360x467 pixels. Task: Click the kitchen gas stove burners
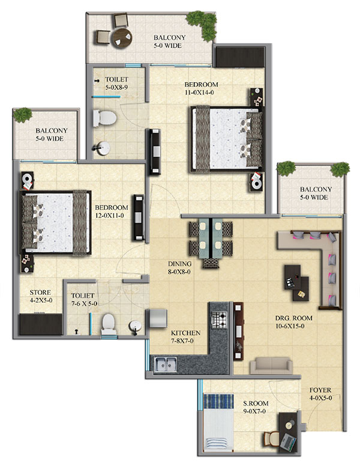tap(219, 320)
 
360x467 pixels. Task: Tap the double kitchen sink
tap(166, 364)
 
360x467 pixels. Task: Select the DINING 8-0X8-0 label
tap(179, 267)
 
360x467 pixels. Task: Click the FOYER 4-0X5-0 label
tap(320, 394)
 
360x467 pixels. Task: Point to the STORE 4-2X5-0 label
tap(41, 296)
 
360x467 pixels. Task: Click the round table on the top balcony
tap(122, 38)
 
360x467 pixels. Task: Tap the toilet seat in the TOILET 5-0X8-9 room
tap(104, 118)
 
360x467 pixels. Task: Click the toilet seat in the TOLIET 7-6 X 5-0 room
tap(109, 324)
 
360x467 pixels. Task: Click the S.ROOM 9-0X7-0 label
tap(256, 407)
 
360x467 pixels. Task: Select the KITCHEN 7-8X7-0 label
tap(185, 337)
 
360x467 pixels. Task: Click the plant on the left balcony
tap(23, 115)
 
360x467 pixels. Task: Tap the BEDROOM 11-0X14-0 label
tap(201, 88)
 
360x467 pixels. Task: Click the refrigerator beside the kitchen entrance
tap(158, 318)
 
